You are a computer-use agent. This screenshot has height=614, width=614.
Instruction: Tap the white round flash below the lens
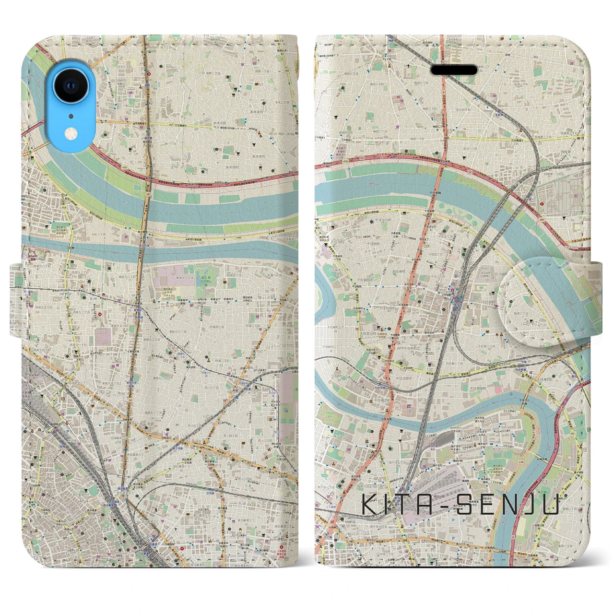coord(71,133)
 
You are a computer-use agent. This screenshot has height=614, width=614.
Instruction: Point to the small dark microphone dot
coord(71,116)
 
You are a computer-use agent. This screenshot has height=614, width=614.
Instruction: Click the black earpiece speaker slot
coord(454,70)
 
